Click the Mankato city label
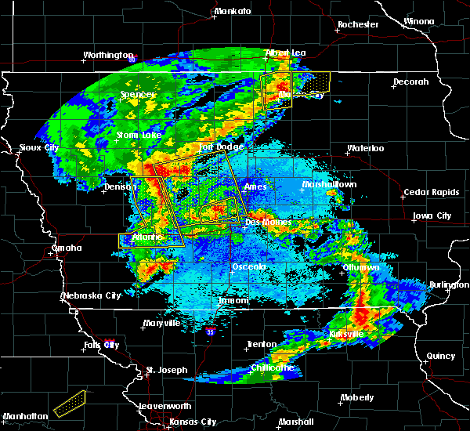[233, 12]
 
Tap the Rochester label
[358, 25]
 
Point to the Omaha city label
[67, 248]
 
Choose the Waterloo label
[366, 148]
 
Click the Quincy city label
[441, 356]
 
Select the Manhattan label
[23, 416]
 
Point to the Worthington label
[109, 56]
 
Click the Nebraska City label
[92, 295]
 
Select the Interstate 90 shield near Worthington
[132, 59]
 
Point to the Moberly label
[356, 398]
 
